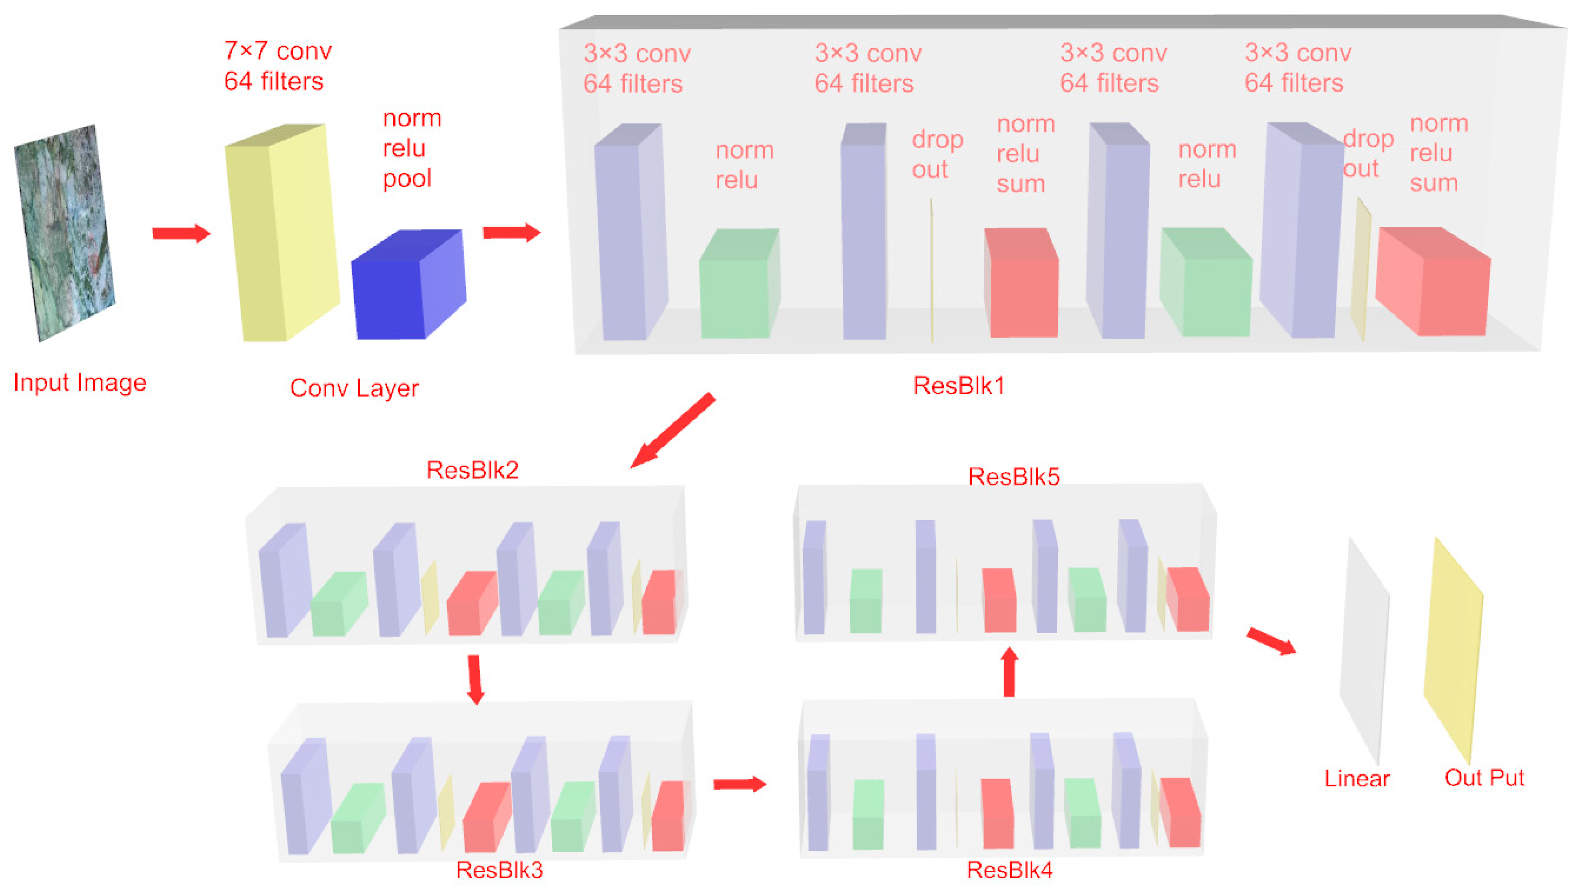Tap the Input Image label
point(80,383)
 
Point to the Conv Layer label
point(354,388)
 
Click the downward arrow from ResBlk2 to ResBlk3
point(475,679)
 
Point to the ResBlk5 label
point(1014,477)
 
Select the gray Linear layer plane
point(1365,651)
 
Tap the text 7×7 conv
point(278,50)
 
